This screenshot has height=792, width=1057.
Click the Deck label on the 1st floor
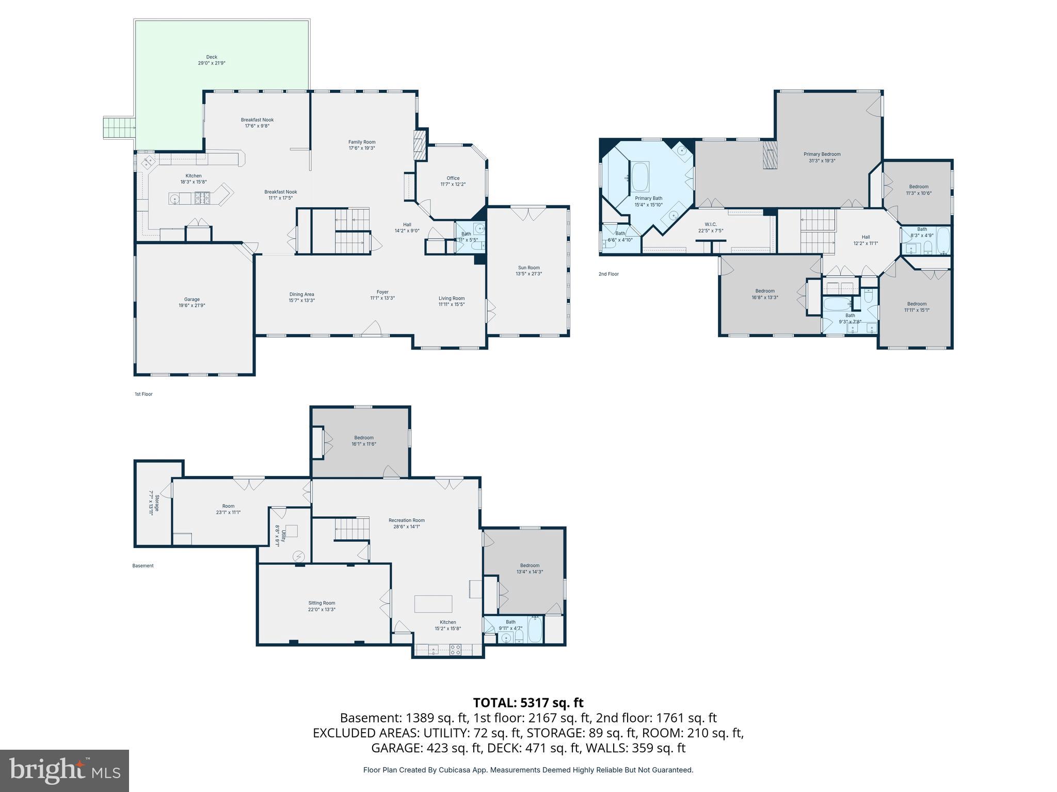click(x=212, y=57)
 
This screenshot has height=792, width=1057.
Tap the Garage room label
click(x=192, y=300)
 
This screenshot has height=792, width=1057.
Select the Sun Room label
click(x=528, y=268)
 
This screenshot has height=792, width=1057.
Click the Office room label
click(x=453, y=178)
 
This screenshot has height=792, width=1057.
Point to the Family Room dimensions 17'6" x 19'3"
click(x=361, y=148)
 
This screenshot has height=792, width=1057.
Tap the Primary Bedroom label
click(x=822, y=154)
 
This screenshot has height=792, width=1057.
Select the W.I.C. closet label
click(x=711, y=224)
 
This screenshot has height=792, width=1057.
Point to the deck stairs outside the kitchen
click(x=119, y=127)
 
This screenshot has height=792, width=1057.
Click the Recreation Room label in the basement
click(x=407, y=520)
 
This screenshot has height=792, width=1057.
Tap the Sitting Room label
click(x=322, y=603)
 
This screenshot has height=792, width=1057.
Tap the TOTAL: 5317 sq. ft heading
click(x=528, y=702)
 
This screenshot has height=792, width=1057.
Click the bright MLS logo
click(x=65, y=770)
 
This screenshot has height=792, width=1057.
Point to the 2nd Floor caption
click(x=608, y=274)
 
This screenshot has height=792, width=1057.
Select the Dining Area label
click(x=301, y=294)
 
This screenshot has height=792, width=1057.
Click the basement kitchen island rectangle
click(x=434, y=604)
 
